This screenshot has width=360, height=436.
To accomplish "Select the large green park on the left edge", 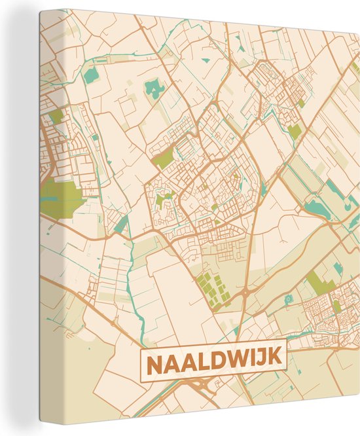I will click(59, 194).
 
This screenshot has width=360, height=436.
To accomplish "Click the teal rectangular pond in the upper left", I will click(89, 75).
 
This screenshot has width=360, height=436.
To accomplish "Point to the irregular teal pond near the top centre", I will click(155, 88).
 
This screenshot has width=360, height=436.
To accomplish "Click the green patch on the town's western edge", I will click(164, 158).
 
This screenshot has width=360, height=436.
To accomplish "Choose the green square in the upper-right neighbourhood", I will click(295, 132).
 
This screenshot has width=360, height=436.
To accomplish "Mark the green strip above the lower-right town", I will click(317, 282).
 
